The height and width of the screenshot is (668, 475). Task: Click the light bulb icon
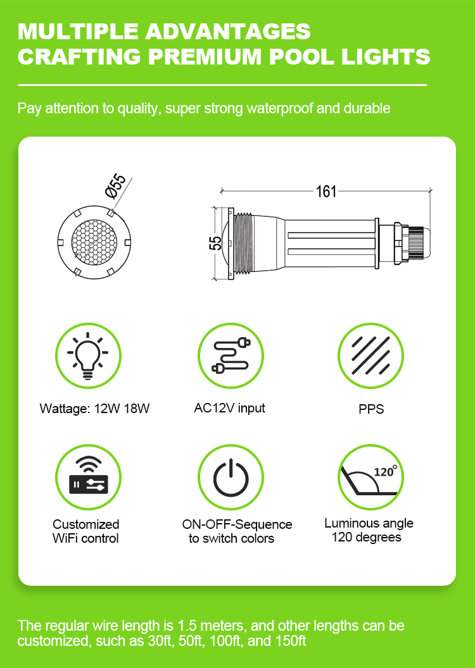(x=88, y=356)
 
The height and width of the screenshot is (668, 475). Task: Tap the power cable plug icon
(x=231, y=356)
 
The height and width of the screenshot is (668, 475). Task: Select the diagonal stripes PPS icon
(x=371, y=356)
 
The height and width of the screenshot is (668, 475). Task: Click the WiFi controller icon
(x=88, y=477)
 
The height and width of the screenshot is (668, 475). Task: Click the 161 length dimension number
(x=326, y=192)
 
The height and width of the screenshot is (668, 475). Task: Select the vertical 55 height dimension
(x=217, y=244)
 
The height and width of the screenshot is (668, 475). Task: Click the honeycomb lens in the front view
(x=94, y=242)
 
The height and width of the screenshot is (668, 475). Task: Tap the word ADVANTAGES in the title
(x=228, y=32)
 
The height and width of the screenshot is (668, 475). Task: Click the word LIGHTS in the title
(x=386, y=56)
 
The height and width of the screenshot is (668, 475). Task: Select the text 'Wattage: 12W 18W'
(x=94, y=409)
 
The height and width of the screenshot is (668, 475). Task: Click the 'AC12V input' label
(x=229, y=408)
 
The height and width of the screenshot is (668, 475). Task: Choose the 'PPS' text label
(x=371, y=409)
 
